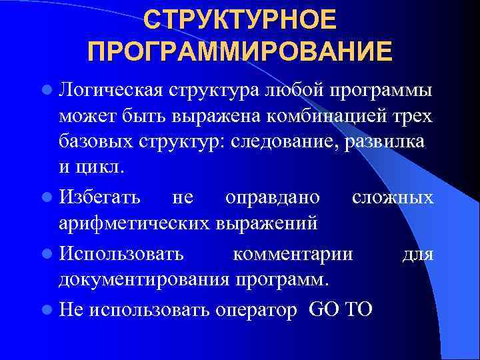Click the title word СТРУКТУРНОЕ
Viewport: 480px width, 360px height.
click(x=239, y=20)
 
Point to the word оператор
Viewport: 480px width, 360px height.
click(x=257, y=309)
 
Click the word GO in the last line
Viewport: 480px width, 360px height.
click(x=324, y=309)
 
